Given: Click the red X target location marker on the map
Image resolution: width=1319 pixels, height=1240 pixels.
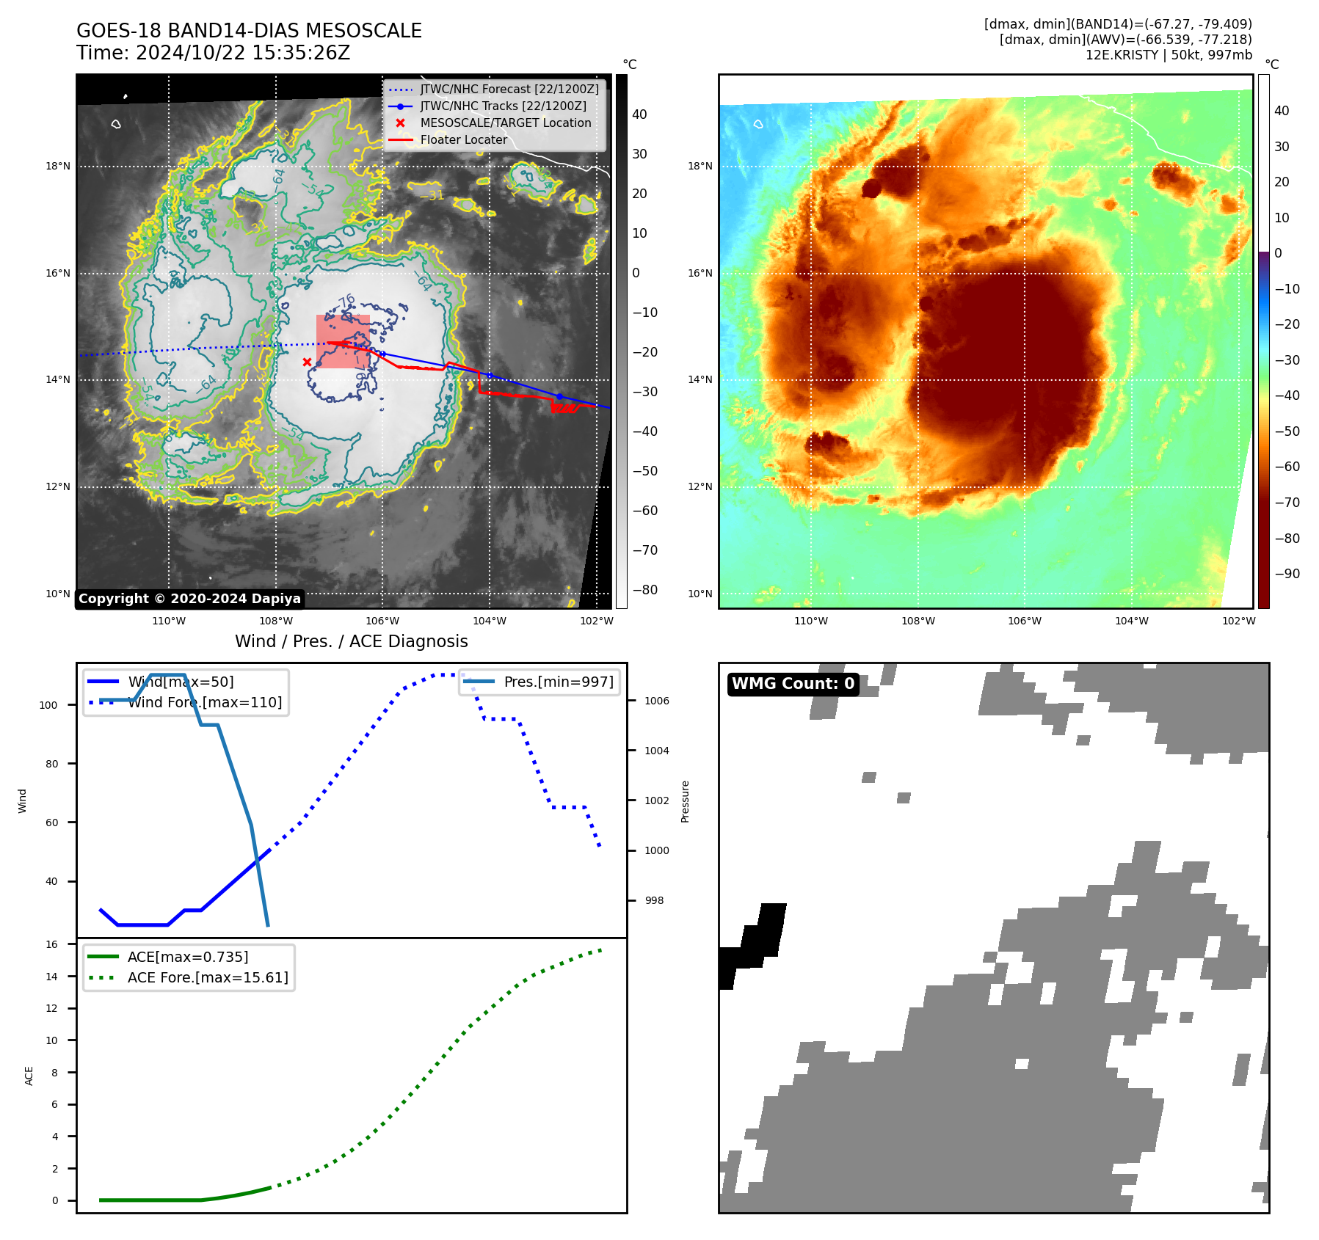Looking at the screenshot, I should (x=307, y=362).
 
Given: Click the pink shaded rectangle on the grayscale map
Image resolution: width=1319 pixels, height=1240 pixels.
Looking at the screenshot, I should (x=343, y=341).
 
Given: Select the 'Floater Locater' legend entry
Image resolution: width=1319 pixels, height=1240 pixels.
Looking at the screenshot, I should (x=463, y=140).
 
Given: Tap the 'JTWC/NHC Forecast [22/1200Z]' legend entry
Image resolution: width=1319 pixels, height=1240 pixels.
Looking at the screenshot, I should (x=509, y=90).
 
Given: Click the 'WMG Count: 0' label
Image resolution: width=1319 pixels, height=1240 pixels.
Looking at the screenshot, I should (x=793, y=684).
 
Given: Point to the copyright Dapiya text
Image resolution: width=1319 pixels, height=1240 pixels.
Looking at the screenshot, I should (x=189, y=599).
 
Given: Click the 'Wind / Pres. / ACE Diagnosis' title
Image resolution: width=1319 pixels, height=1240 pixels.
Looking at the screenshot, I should (x=351, y=641).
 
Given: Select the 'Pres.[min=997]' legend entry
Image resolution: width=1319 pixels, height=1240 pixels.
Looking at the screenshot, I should (x=559, y=682).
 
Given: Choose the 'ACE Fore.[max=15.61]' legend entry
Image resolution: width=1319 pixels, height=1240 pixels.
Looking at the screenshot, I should (x=208, y=977).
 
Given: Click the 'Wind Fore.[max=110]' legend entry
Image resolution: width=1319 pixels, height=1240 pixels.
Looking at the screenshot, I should (x=205, y=702).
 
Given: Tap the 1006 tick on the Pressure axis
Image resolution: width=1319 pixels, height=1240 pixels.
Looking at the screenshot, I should (x=657, y=701).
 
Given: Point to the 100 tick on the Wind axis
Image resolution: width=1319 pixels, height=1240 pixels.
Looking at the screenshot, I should (x=48, y=705).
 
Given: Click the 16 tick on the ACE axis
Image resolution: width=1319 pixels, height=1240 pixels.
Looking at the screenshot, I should (x=51, y=944).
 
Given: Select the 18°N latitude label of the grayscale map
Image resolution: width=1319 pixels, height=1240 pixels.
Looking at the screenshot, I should (x=58, y=167).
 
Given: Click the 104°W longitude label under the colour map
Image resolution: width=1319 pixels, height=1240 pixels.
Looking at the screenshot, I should (x=1131, y=621).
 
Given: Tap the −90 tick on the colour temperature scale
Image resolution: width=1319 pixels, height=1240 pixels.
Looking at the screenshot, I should (x=1287, y=574).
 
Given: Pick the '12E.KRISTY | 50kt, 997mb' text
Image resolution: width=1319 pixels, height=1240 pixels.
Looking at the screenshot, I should (x=1169, y=55).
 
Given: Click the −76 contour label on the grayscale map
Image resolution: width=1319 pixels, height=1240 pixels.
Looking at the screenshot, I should (x=345, y=302).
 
